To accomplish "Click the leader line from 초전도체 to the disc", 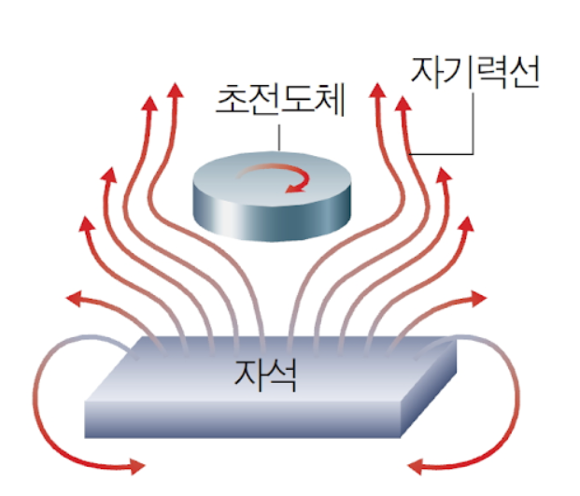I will [279, 137].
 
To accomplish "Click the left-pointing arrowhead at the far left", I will [74, 298].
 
